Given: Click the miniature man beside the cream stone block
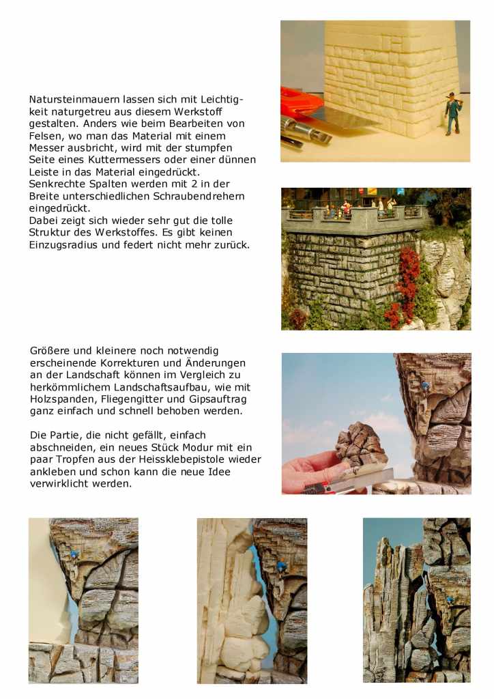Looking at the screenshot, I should click(453, 111).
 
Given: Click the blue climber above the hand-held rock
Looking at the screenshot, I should click(425, 386).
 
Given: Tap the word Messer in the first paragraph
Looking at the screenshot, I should click(51, 147).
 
